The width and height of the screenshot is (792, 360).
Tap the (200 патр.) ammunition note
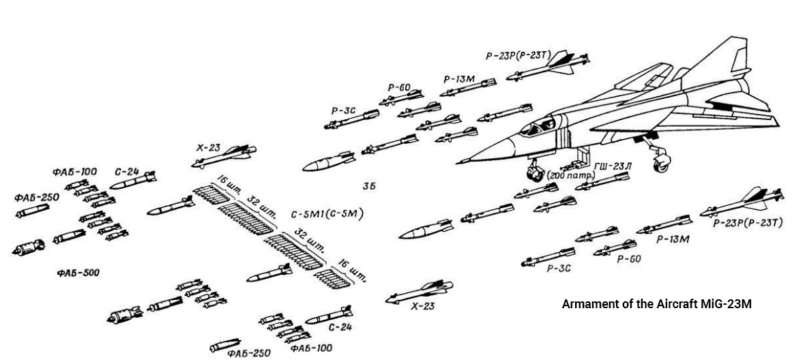point(572,176)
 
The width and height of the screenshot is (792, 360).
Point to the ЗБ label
point(369,185)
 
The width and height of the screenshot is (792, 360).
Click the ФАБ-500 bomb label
point(78,273)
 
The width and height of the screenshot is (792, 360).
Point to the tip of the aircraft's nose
point(458,162)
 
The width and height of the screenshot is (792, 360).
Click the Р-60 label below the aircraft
point(628,259)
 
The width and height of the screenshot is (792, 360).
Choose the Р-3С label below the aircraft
point(558,269)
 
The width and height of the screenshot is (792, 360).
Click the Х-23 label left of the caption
point(422,307)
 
